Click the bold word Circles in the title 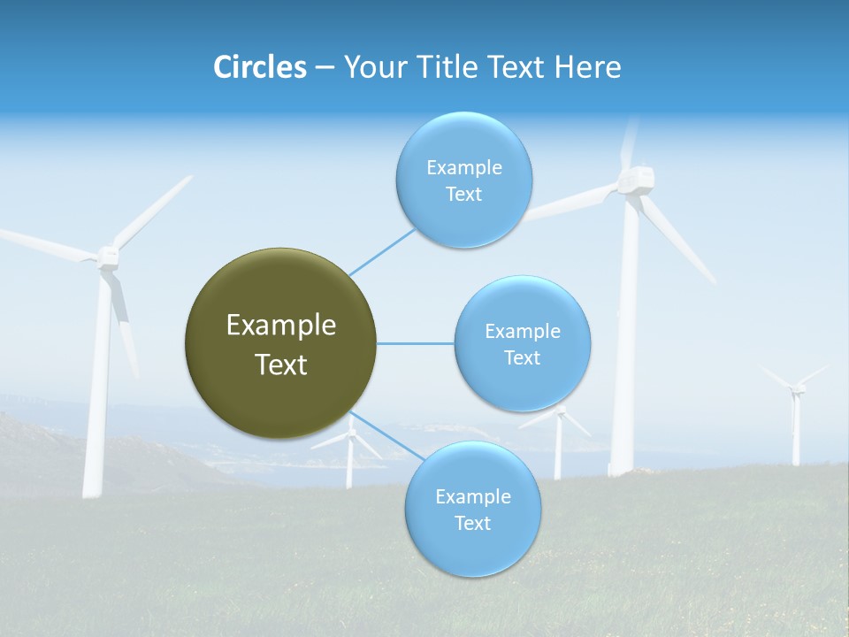260,67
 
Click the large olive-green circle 280,343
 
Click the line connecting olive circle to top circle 382,251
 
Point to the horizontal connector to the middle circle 416,343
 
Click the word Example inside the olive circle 280,326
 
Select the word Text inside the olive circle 280,365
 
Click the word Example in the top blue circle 463,167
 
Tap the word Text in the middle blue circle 522,357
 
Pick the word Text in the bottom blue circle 472,523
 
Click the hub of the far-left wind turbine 107,257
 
